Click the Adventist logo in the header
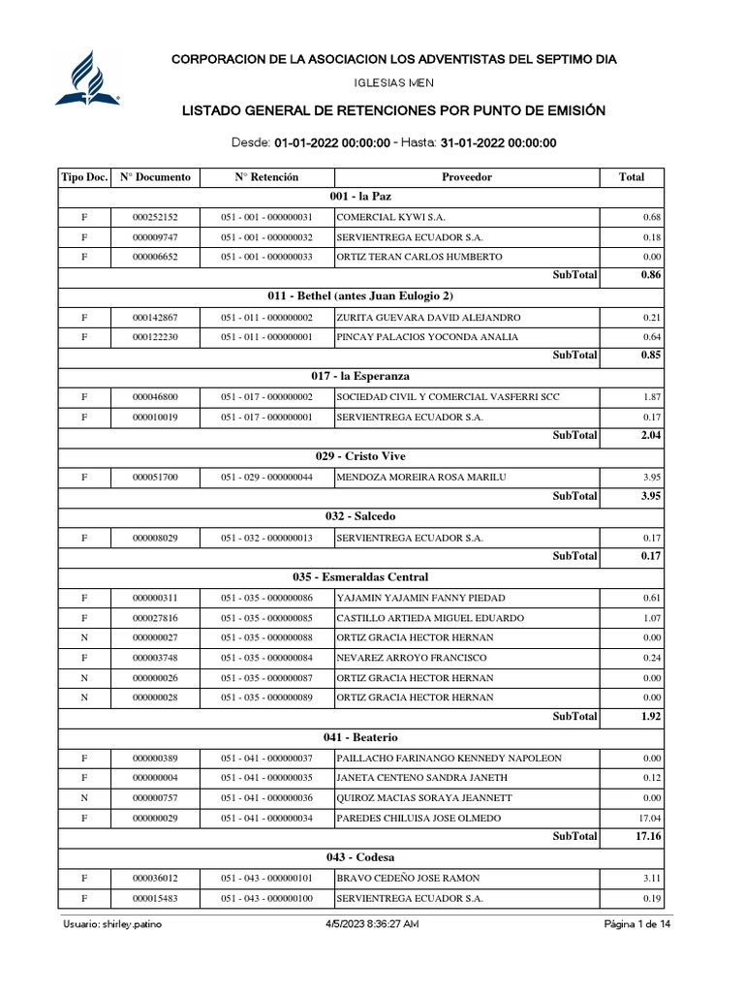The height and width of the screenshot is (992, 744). tap(87, 77)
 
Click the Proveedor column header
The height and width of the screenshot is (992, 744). tap(466, 177)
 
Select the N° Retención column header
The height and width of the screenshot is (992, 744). tap(266, 177)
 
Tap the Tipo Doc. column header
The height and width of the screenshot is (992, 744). tap(84, 177)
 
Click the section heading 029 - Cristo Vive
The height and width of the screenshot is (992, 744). tap(361, 456)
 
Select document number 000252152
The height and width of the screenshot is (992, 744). tap(155, 217)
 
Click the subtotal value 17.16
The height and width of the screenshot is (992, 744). tap(648, 835)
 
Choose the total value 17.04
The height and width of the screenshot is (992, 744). tap(649, 819)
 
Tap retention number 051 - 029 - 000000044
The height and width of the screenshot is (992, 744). tap(266, 478)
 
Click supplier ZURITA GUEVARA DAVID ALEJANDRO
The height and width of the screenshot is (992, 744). tap(428, 318)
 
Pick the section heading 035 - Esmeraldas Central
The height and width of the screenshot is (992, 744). tap(361, 577)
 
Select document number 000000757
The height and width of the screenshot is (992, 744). tap(155, 798)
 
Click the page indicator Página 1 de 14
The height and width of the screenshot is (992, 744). tap(636, 925)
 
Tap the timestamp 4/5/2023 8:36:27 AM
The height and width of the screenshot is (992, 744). tap(372, 925)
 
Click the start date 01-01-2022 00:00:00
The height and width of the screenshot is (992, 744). tap(332, 143)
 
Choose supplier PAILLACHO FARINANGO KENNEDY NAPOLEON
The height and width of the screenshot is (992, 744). tap(449, 759)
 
